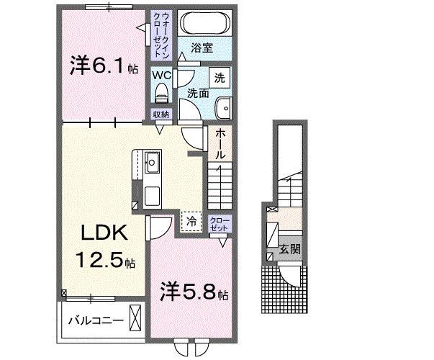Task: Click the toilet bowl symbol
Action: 162,92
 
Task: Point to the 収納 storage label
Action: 161,114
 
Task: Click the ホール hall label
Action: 220,145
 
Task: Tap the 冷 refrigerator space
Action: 191,221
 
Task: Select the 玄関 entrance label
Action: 290,251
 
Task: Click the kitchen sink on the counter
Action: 153,161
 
